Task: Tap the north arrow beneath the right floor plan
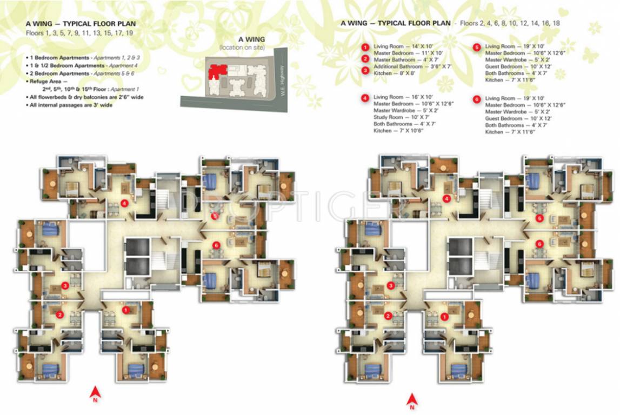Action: point(412,399)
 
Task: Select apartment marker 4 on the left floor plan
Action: point(124,204)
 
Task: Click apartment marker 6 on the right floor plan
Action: point(539,244)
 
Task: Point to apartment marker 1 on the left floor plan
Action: point(126,310)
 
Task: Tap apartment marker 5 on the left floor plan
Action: point(215,216)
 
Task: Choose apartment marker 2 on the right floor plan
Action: point(388,316)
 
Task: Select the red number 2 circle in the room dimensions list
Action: point(365,59)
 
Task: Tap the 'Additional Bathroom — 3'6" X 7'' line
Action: point(405,66)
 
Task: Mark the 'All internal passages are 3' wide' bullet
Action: point(71,105)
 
